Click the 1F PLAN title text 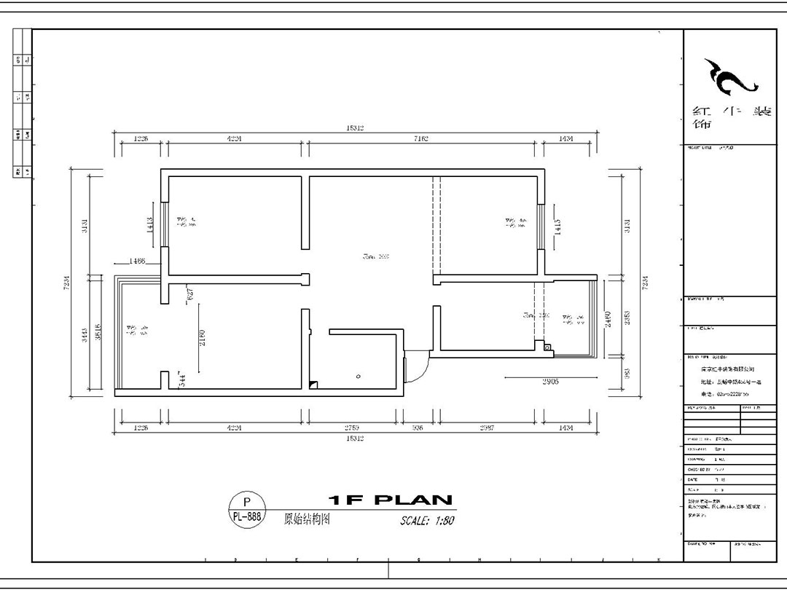tap(391, 500)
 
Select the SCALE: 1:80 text tap(427, 521)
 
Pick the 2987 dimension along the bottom tap(487, 428)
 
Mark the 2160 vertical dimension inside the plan tap(203, 337)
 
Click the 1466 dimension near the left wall tap(137, 261)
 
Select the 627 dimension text tap(190, 294)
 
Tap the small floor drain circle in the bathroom tap(358, 377)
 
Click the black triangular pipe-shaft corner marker tap(313, 384)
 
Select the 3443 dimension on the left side tap(85, 334)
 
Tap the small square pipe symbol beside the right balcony tap(549, 349)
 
